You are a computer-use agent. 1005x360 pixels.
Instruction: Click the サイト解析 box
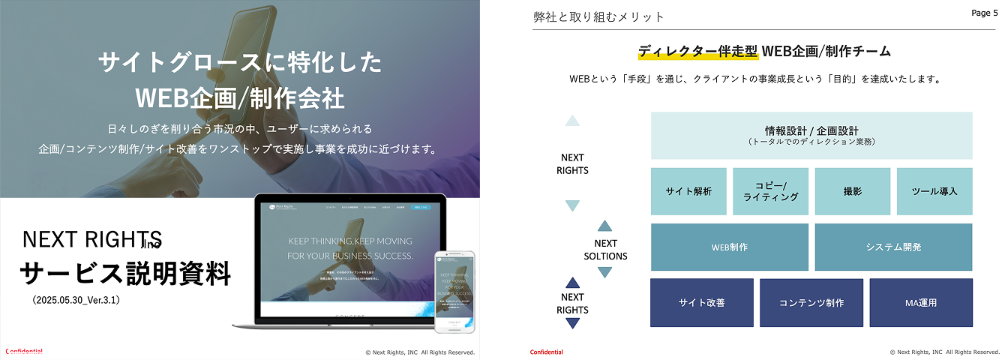[x=688, y=191]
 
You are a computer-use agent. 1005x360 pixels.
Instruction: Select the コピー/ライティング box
[x=770, y=191]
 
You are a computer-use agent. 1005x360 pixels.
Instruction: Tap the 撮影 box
[x=852, y=191]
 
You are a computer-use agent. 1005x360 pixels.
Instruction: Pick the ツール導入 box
[x=934, y=191]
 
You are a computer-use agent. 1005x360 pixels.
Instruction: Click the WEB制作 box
[x=729, y=247]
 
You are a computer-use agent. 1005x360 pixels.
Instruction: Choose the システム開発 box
[x=893, y=247]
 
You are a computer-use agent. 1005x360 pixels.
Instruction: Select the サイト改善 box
[x=701, y=302]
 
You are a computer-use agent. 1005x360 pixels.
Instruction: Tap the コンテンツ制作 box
[x=811, y=302]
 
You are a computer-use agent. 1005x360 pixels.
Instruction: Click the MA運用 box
[x=921, y=302]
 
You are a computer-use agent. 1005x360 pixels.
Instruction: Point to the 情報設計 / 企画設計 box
[x=811, y=135]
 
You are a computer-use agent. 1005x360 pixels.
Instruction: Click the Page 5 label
[x=985, y=13]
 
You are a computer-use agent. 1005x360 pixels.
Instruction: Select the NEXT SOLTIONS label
[x=605, y=250]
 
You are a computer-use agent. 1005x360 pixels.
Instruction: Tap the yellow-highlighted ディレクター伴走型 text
[x=697, y=52]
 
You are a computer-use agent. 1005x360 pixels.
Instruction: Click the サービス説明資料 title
[x=124, y=274]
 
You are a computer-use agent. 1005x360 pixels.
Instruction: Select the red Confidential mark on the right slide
[x=547, y=352]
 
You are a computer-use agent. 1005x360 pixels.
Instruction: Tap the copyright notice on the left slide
[x=420, y=352]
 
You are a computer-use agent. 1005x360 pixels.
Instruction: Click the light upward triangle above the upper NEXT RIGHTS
[x=572, y=120]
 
